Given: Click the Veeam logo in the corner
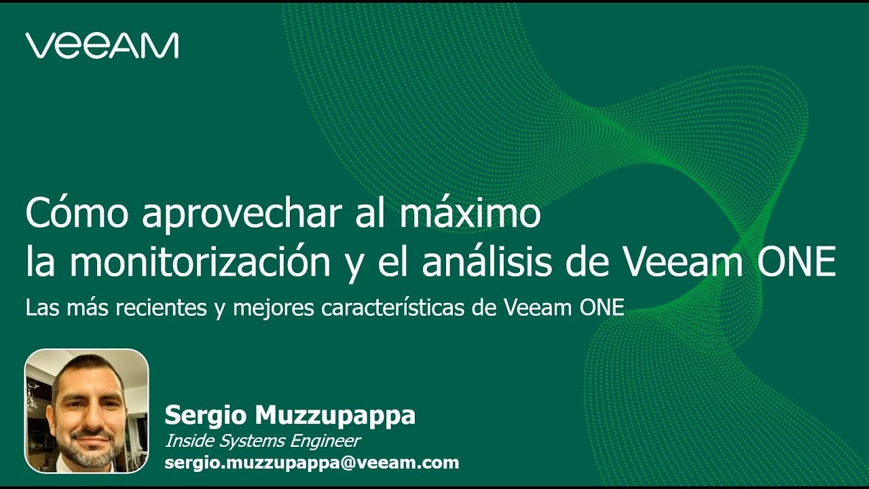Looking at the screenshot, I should (x=102, y=45).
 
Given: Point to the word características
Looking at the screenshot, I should (x=393, y=308).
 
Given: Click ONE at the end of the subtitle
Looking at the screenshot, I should (x=601, y=308).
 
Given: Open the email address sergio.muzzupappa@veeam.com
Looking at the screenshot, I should (x=312, y=463).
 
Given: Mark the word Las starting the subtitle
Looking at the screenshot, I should (x=40, y=308).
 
